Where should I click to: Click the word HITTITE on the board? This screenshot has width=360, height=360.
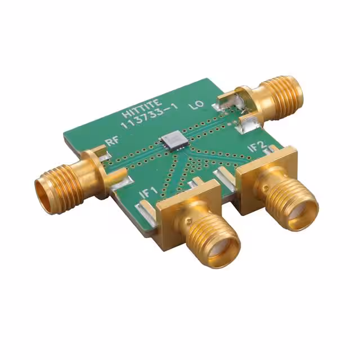pos(142,108)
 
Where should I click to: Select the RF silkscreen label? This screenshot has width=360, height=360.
pos(112,142)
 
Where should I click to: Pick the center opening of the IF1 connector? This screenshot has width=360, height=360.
pos(221,251)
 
